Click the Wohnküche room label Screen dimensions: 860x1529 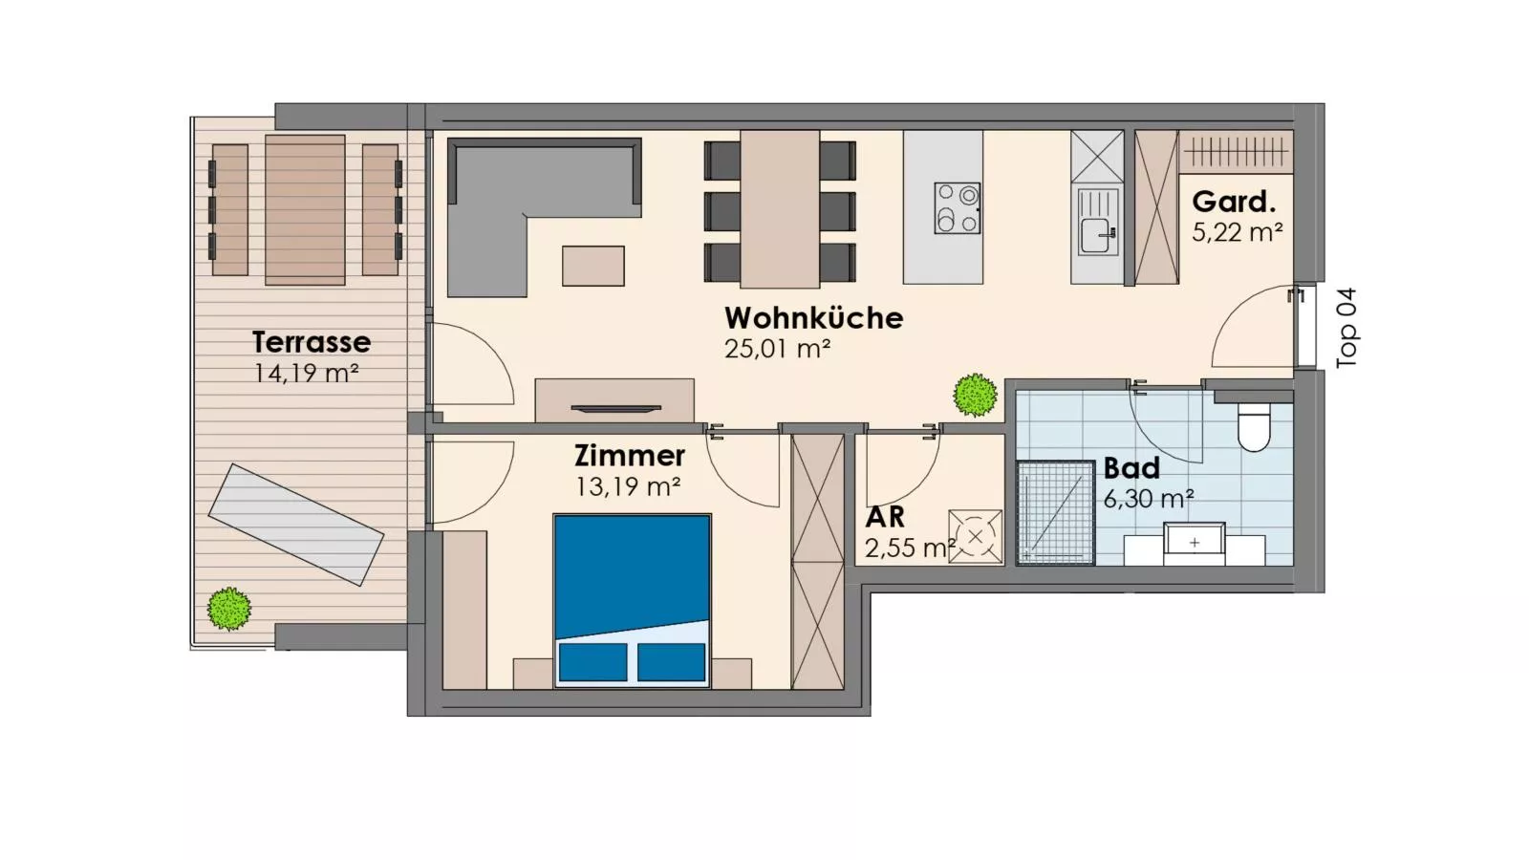(x=813, y=318)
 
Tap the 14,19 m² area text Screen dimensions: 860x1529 (x=306, y=373)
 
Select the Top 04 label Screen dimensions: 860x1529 (x=1346, y=328)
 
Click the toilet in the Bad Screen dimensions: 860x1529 (x=1254, y=427)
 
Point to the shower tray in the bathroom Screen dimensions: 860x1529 (x=1055, y=512)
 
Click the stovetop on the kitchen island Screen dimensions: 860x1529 (x=957, y=208)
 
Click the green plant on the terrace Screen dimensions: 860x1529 (x=229, y=608)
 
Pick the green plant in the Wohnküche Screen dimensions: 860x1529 (x=975, y=395)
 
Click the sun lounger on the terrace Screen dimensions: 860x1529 (x=296, y=525)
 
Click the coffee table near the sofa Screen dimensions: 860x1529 (x=592, y=266)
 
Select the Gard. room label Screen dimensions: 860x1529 (x=1234, y=202)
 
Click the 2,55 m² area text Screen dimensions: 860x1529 (x=908, y=548)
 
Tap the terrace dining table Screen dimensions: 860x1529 (x=305, y=209)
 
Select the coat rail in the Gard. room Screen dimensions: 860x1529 (x=1235, y=151)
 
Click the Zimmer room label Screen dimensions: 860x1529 (x=629, y=455)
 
